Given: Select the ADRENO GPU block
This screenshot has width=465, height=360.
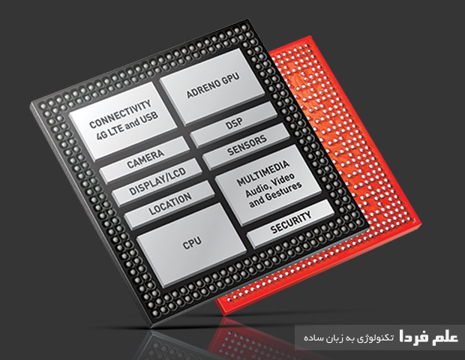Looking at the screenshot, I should (x=203, y=89).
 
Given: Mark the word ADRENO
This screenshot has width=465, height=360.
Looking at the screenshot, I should (x=194, y=93).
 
